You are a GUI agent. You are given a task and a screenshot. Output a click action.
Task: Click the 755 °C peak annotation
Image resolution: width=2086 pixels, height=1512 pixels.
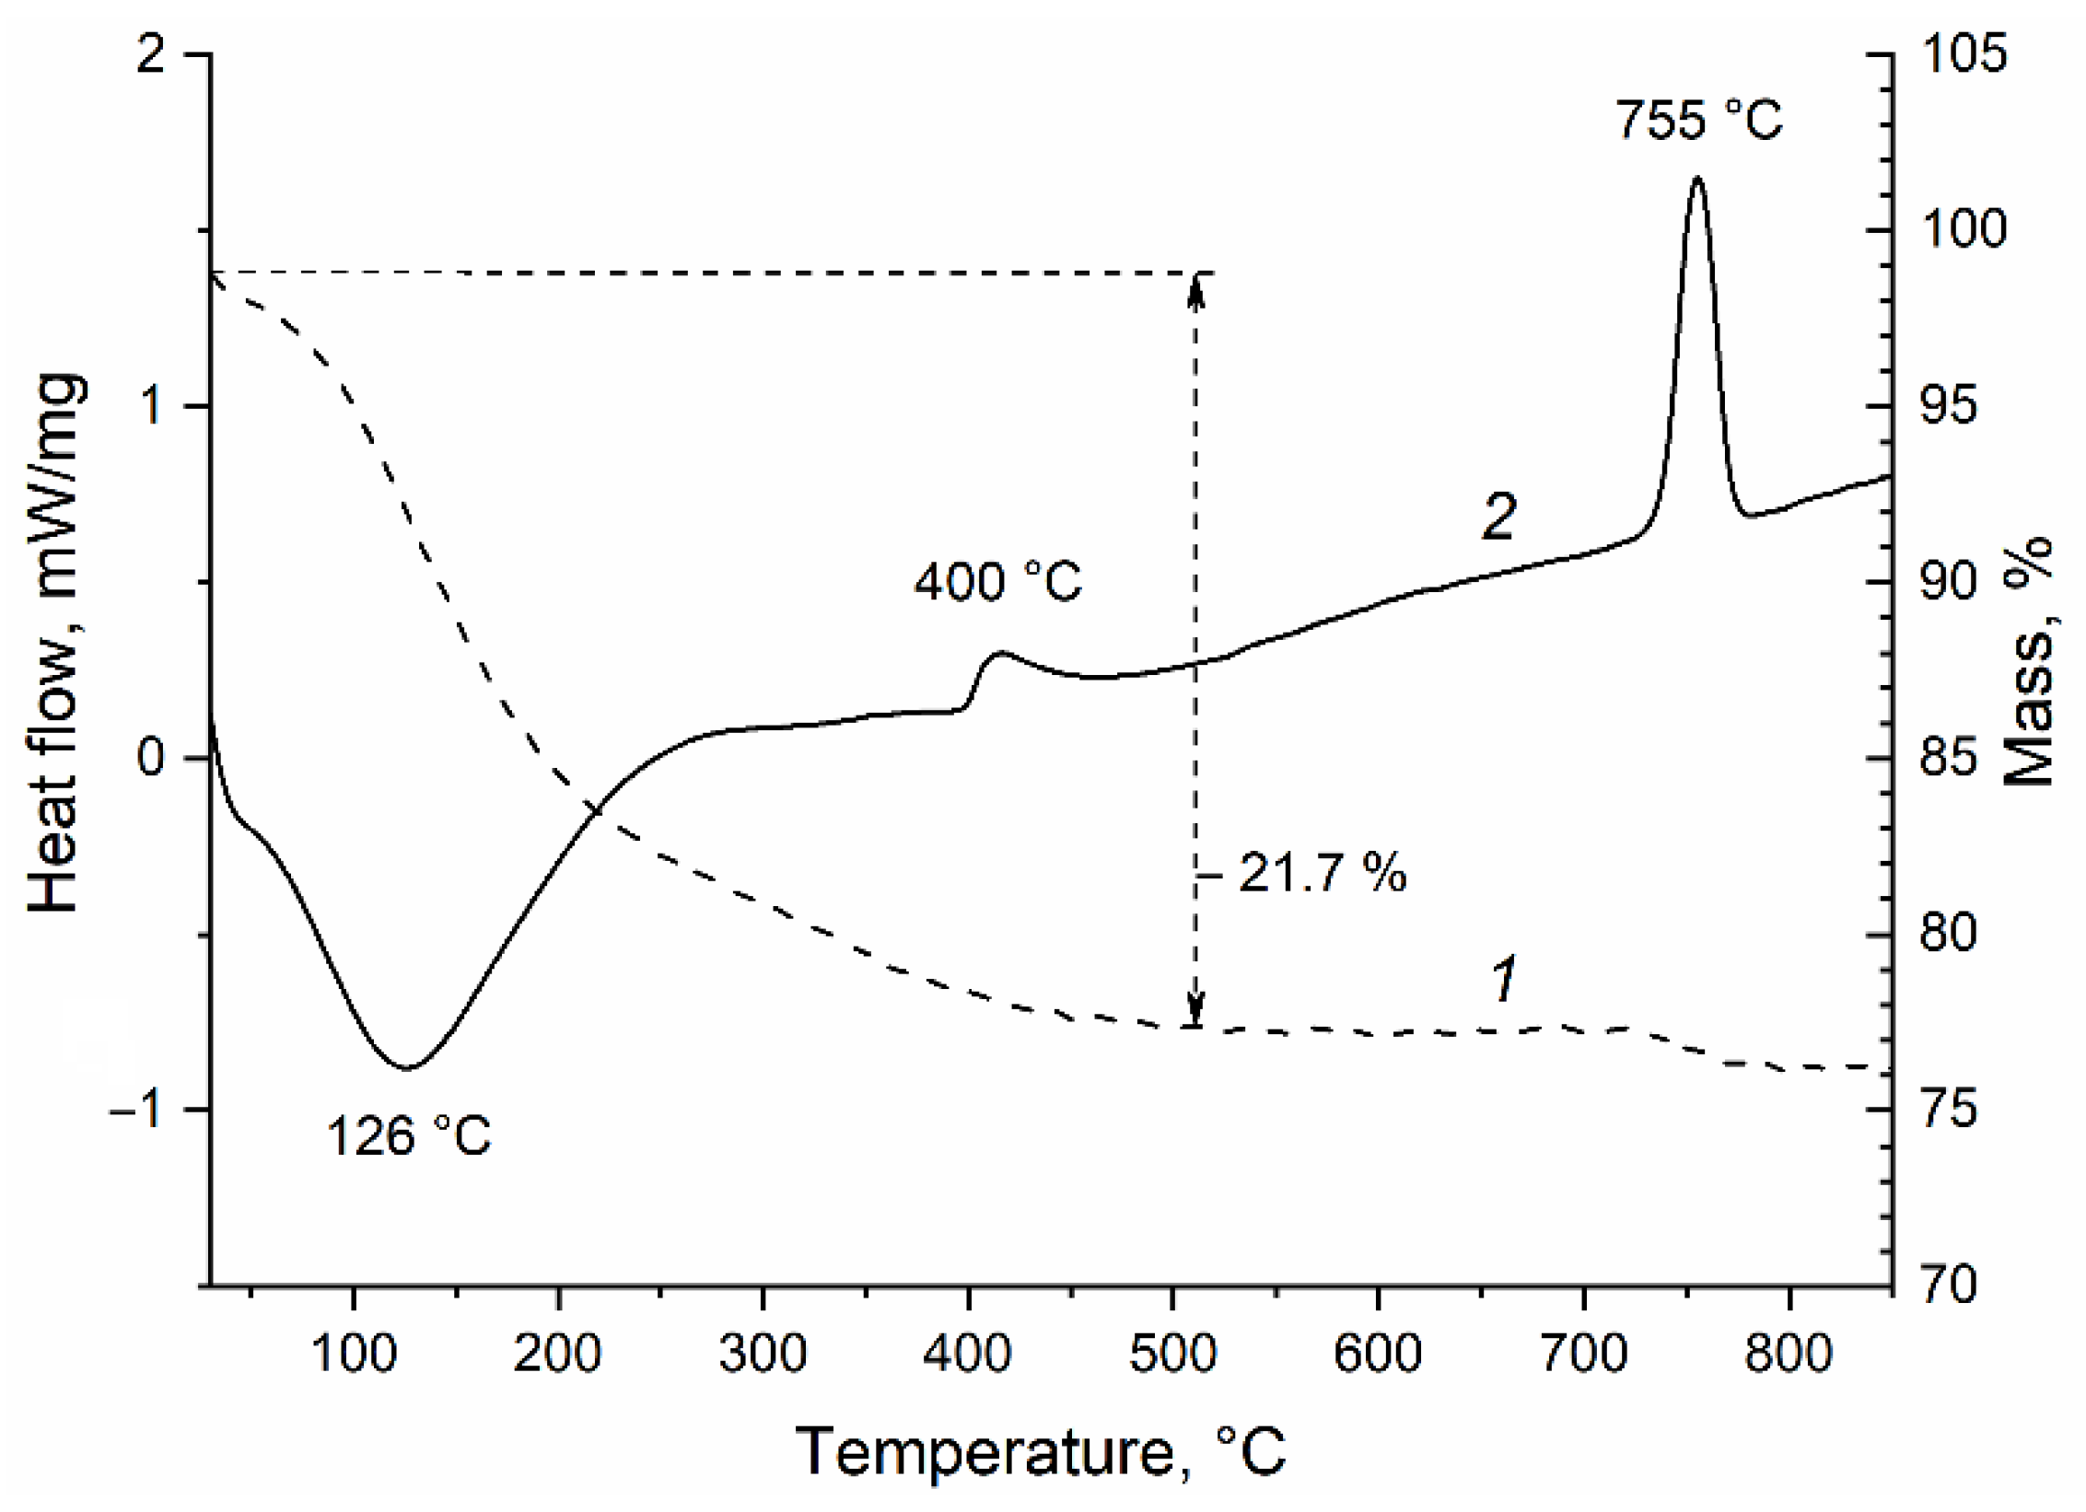[x=1699, y=121]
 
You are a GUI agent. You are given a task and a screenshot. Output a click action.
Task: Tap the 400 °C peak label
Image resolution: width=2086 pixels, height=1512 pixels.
[x=997, y=582]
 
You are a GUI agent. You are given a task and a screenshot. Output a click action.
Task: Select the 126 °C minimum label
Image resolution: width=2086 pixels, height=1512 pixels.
[x=409, y=1136]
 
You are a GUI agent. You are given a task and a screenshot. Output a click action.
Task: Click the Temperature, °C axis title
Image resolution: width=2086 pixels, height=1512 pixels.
[x=1040, y=1453]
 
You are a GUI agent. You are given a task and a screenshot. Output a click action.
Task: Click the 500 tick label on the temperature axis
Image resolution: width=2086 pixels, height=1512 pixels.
[x=1172, y=1355]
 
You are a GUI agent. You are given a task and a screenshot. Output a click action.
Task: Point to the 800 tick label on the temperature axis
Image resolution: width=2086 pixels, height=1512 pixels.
[x=1788, y=1355]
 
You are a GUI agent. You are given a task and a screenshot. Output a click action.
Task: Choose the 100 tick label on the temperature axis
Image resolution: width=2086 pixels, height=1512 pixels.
[x=354, y=1355]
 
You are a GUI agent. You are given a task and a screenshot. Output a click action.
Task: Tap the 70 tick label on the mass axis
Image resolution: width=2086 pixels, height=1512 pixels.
[x=1949, y=1284]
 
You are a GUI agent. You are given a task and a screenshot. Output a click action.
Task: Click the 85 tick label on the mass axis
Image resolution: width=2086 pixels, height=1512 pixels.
[x=1949, y=758]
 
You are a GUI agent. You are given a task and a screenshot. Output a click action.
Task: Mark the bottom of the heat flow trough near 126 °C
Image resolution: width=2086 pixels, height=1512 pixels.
[x=406, y=1068]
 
